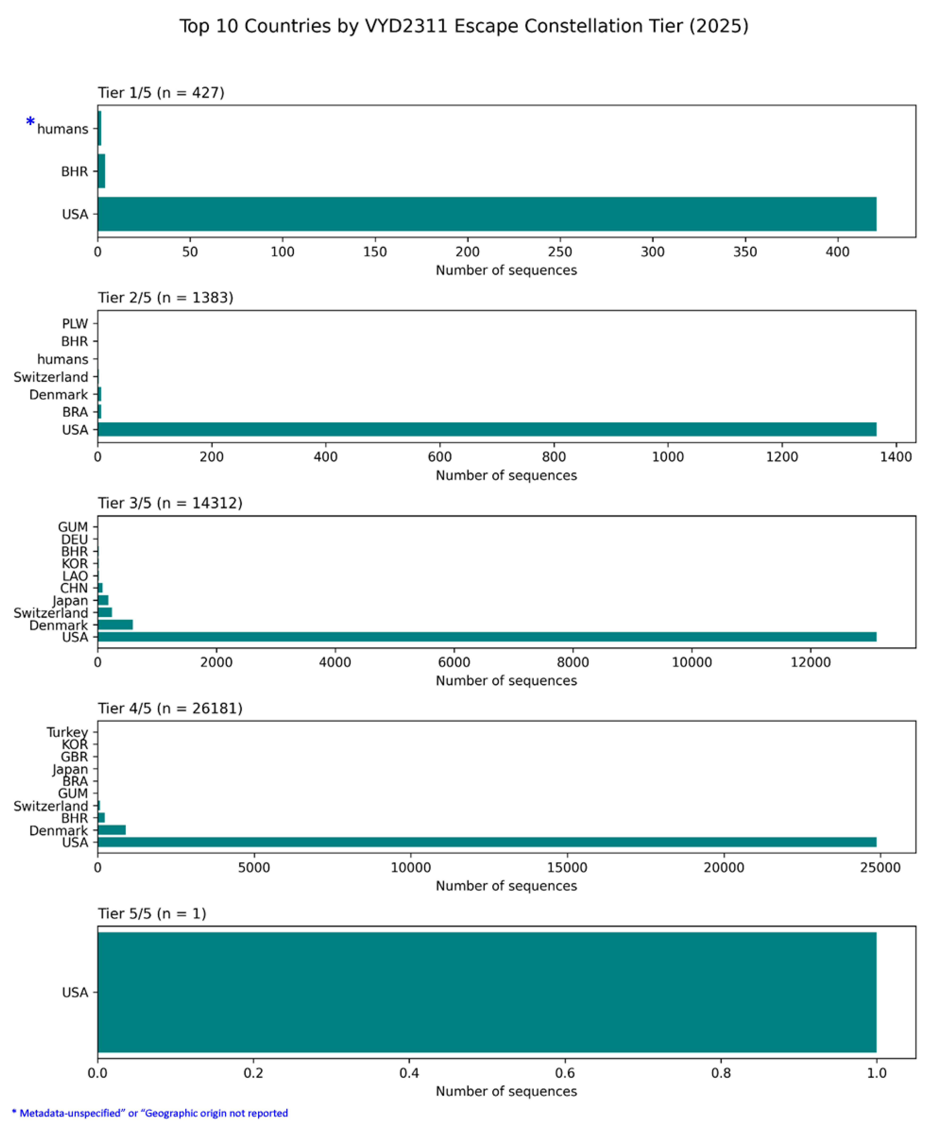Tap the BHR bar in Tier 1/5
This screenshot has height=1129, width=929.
tap(101, 171)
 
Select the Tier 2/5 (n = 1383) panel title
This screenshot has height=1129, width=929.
tap(165, 298)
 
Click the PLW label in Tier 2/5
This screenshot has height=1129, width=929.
tap(75, 324)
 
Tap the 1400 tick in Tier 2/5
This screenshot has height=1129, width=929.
tap(896, 457)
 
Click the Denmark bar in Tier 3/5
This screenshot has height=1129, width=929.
tap(115, 625)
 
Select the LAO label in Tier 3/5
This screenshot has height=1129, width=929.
tap(75, 576)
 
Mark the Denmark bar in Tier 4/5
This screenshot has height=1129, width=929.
tap(111, 830)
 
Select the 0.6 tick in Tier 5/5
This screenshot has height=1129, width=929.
tap(565, 1073)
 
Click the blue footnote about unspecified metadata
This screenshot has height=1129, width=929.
tap(150, 1113)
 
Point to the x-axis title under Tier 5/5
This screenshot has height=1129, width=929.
tap(506, 1091)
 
